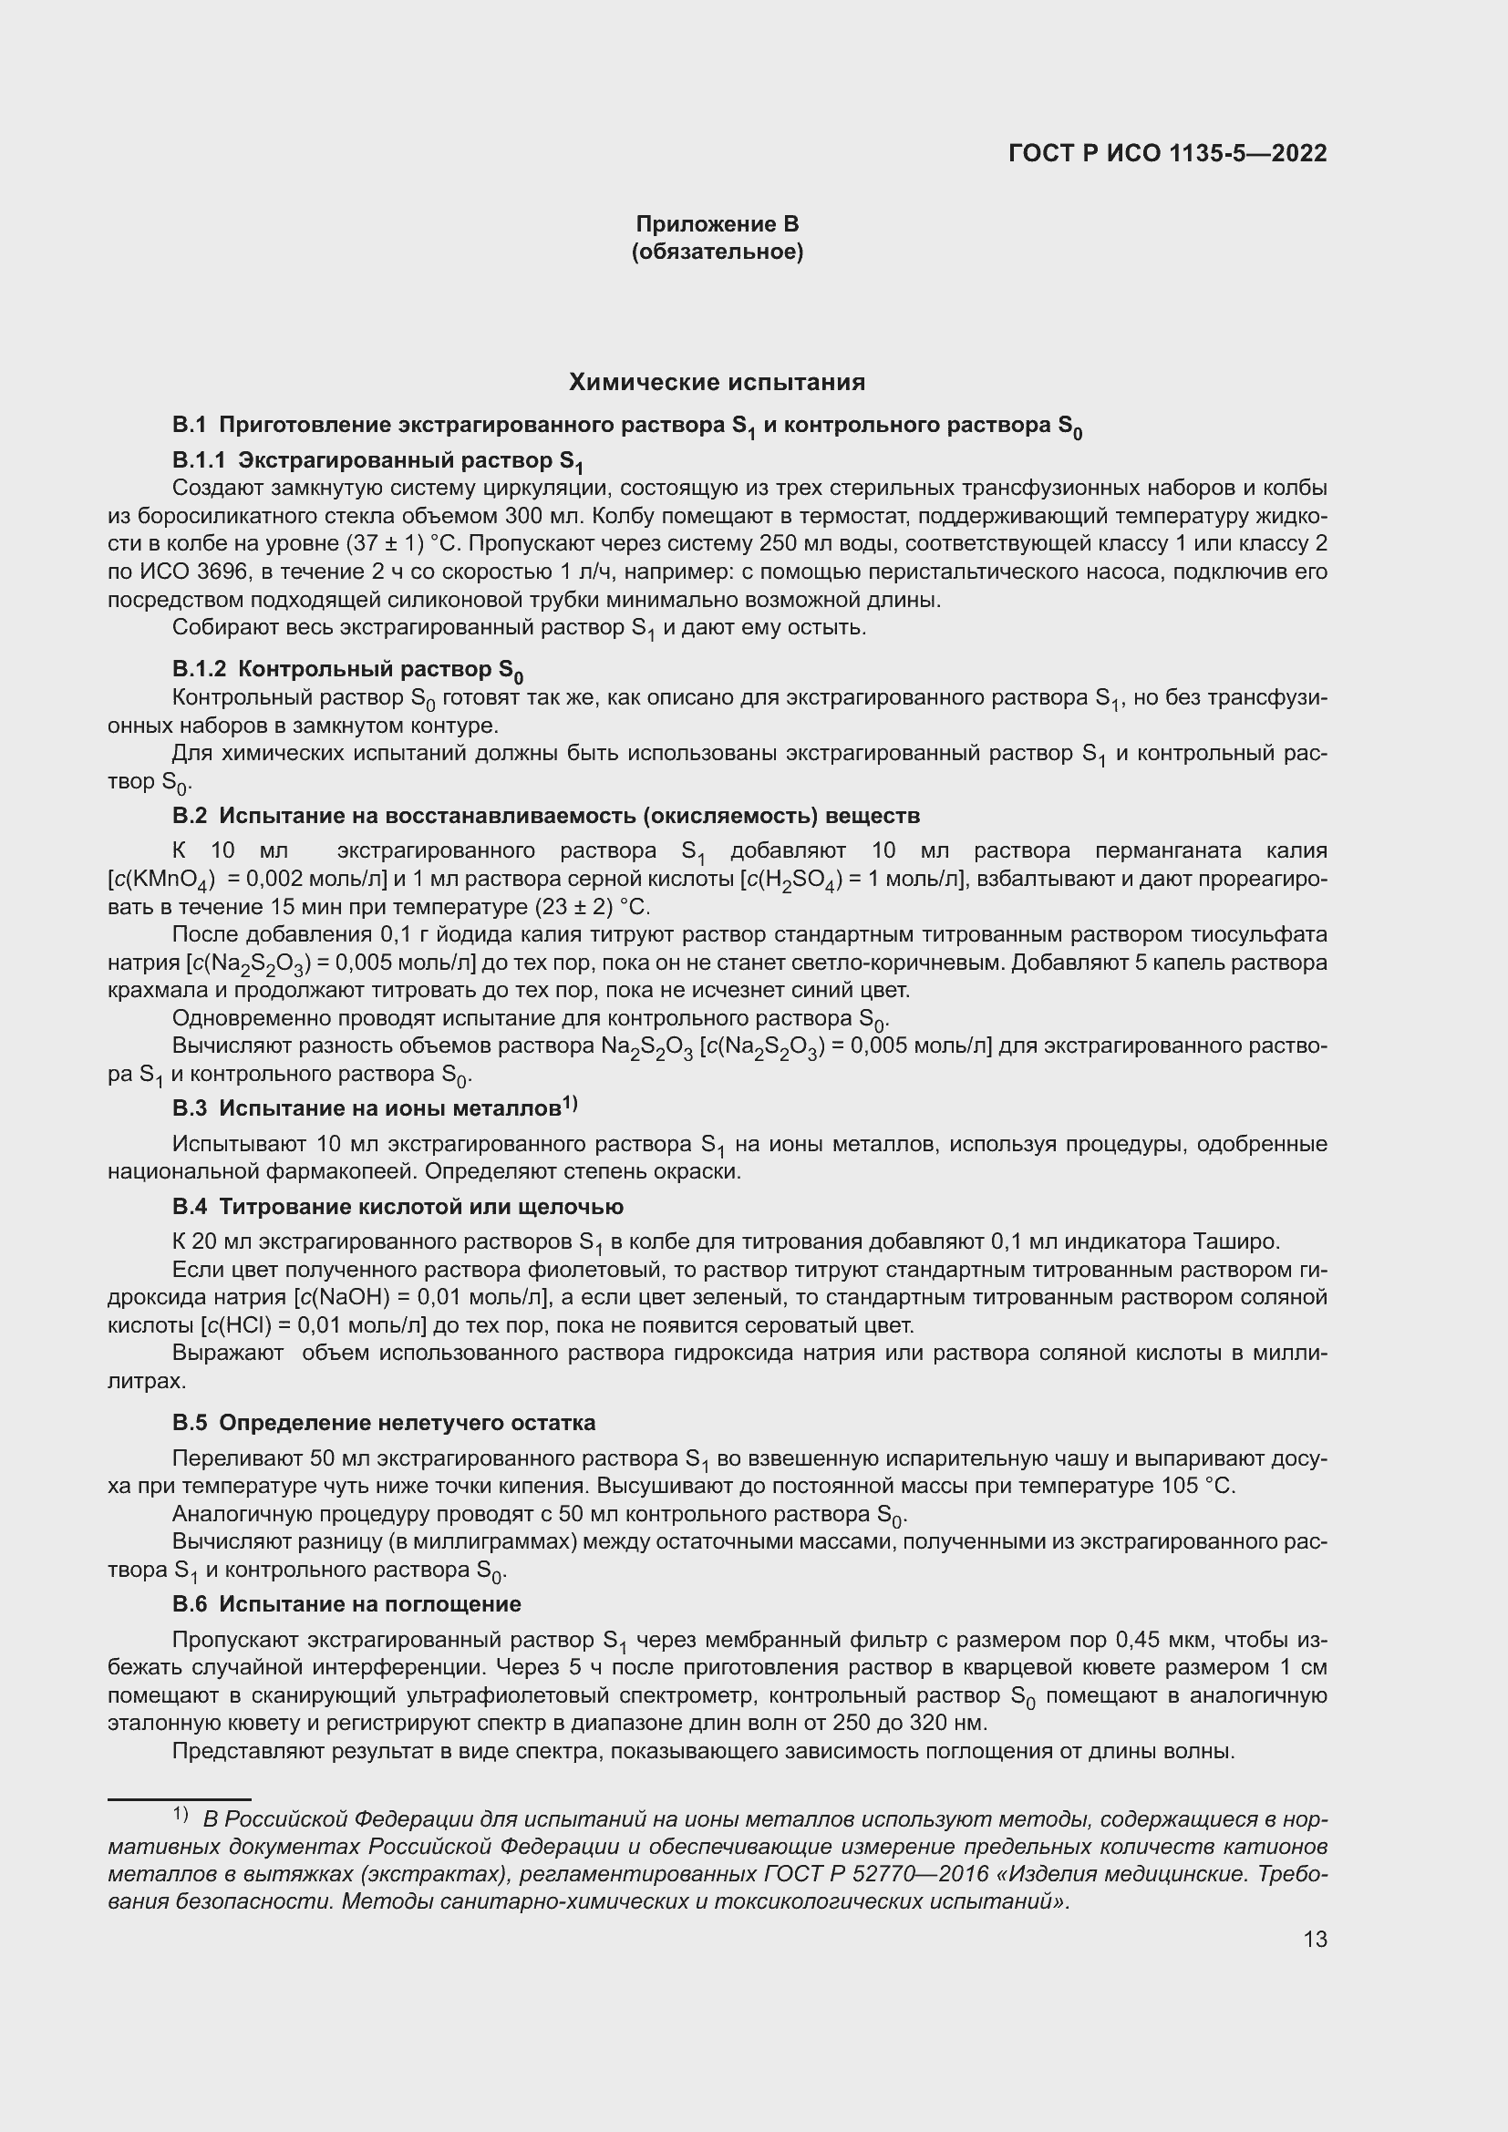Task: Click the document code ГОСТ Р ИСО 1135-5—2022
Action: coord(1167,153)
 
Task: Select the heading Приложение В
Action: coord(717,224)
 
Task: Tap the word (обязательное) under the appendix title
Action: coord(717,252)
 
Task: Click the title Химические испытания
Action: coord(717,383)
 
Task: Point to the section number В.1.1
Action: coord(199,460)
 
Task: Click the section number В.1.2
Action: coord(199,668)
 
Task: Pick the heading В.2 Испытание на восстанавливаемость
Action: coord(546,815)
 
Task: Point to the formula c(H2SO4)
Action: coord(794,880)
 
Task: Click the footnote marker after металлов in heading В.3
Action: coord(569,1103)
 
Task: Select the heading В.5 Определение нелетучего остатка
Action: coord(384,1423)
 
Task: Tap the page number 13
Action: coord(1315,1939)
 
